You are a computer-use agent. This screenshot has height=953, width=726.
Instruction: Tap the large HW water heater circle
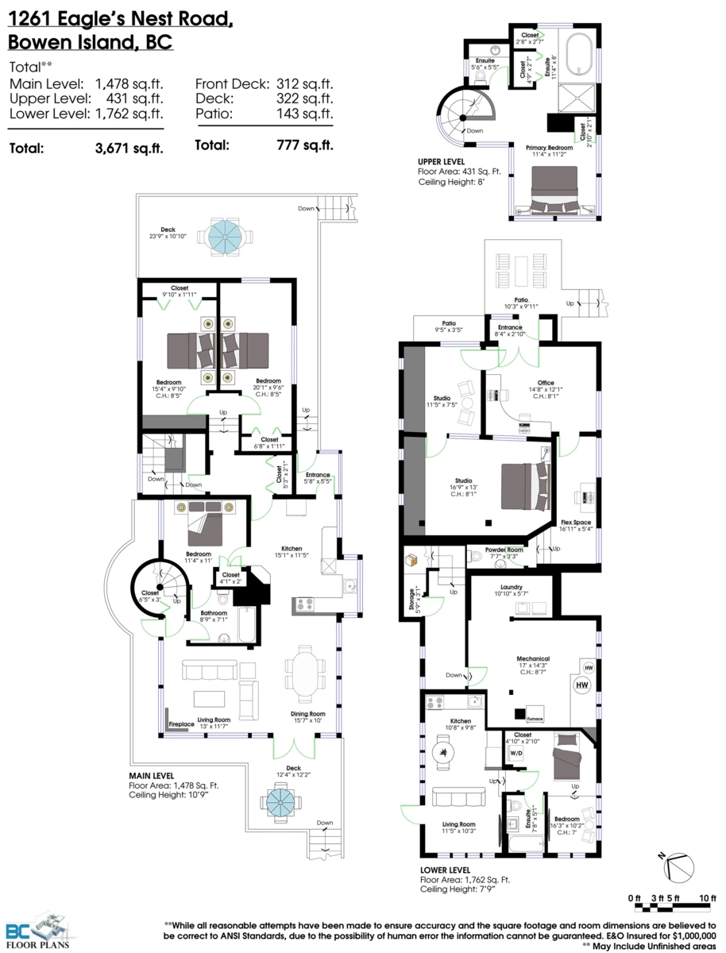coord(581,685)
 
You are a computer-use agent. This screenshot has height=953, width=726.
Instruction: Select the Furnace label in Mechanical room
coord(534,719)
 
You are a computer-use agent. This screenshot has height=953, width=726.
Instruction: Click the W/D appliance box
coord(516,752)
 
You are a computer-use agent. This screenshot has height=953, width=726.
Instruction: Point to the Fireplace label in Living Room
coord(181,725)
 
